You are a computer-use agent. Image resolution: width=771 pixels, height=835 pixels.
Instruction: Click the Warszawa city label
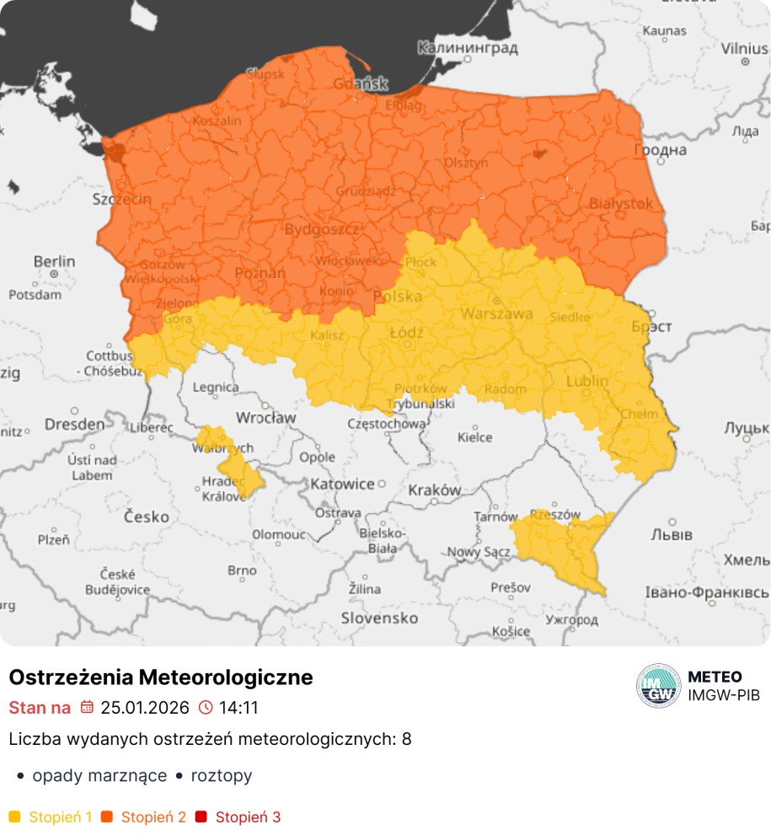click(496, 313)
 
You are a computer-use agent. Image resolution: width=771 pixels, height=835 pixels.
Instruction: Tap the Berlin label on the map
click(54, 262)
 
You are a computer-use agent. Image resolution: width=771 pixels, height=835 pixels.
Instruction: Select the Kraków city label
click(434, 490)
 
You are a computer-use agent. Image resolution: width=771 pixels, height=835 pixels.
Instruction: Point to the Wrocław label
click(265, 417)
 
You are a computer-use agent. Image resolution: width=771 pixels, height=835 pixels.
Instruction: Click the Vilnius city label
click(744, 48)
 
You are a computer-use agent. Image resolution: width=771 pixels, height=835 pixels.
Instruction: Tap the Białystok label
click(621, 203)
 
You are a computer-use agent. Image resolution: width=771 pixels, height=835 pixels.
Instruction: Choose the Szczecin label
click(122, 200)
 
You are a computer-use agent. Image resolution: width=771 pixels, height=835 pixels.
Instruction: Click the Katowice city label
click(342, 484)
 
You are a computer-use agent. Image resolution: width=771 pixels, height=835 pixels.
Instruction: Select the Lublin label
click(586, 381)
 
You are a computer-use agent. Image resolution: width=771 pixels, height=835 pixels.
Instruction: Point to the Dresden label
click(75, 425)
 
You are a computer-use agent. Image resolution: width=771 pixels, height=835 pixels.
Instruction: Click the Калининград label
click(468, 48)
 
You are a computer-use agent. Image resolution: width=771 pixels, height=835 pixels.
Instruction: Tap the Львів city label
click(672, 535)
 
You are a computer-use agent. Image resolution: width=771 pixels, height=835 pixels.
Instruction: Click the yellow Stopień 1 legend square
click(14, 816)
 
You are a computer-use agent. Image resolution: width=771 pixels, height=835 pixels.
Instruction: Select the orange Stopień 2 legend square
click(107, 816)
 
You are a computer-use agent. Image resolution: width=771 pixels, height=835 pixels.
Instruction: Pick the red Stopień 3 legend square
click(201, 816)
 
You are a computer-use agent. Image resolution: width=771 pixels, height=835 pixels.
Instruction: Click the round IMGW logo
click(658, 686)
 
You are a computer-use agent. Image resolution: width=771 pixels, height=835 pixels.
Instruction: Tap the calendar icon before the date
click(87, 707)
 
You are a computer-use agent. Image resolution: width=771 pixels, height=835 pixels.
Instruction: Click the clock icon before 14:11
click(206, 707)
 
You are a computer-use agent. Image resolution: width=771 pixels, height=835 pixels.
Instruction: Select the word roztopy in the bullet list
click(221, 776)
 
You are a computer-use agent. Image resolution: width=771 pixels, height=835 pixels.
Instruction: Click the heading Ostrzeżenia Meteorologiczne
click(160, 677)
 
